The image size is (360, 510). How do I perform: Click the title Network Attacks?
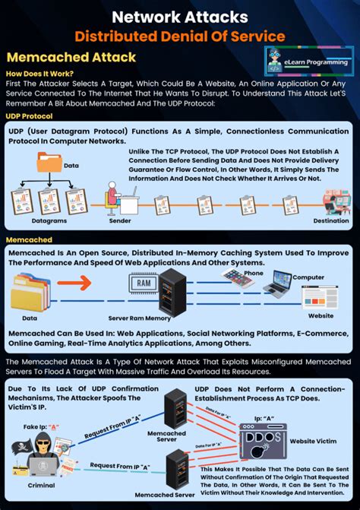coord(179,14)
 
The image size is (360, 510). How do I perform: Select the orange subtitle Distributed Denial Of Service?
coord(179,35)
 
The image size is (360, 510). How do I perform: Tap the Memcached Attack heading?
coord(71,57)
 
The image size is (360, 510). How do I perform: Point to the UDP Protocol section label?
coord(30,116)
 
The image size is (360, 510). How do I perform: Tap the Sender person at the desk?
coord(112,199)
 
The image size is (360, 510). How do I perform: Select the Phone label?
coord(253,273)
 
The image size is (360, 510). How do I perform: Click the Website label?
coord(321,315)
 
